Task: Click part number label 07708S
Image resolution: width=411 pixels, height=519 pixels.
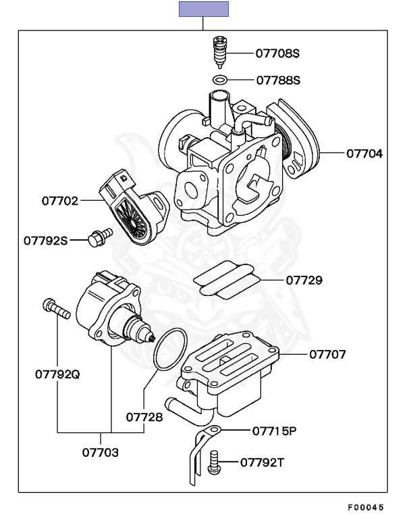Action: pos(277,52)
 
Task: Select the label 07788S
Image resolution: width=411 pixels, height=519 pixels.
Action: pos(277,80)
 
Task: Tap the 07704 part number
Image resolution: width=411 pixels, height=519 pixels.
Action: pos(364,153)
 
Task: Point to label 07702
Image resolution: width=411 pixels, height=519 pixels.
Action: pos(60,201)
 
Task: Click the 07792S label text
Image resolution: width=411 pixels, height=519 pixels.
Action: pos(46,239)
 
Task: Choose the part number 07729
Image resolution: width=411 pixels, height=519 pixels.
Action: pos(304,280)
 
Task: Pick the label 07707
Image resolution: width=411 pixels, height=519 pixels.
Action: pos(328,353)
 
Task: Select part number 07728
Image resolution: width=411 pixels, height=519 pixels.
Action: pos(144,417)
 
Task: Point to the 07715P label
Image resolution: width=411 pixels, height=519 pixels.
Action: pos(275,430)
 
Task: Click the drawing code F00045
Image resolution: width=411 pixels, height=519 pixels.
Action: pos(366,507)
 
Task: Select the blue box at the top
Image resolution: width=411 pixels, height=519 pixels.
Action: pos(203,9)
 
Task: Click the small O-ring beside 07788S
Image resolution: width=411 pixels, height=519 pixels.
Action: pos(220,80)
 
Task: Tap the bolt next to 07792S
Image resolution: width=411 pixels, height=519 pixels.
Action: pos(98,237)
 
